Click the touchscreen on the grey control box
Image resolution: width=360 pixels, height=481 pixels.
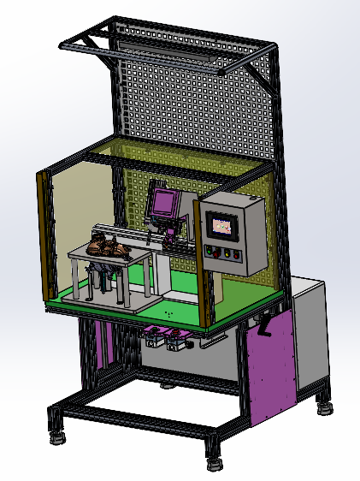click(222, 226)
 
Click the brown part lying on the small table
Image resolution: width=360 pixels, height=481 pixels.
click(109, 246)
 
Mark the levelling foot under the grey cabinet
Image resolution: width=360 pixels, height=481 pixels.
click(325, 407)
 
